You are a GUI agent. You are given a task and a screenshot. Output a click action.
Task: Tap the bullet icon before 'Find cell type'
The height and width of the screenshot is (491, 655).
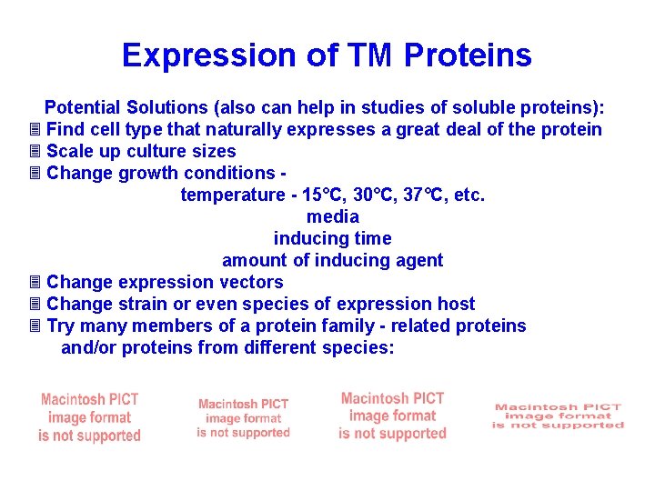(x=35, y=129)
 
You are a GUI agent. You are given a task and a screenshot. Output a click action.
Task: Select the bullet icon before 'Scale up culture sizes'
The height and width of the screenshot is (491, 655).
(x=35, y=151)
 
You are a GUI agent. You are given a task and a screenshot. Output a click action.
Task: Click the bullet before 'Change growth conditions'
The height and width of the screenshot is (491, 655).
(x=35, y=173)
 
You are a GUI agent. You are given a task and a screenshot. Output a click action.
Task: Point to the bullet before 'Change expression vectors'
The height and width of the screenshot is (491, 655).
(x=35, y=282)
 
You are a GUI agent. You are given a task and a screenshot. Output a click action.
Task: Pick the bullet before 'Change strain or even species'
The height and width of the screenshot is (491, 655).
(x=35, y=304)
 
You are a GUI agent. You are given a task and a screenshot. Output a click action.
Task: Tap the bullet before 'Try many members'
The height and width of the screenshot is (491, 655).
(x=35, y=326)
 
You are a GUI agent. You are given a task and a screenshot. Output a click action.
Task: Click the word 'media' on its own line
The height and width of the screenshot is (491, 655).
(x=333, y=216)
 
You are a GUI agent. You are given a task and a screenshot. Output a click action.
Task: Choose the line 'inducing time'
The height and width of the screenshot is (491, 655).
(x=333, y=238)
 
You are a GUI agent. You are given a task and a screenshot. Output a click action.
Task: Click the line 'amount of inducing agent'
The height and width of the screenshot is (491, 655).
(x=333, y=260)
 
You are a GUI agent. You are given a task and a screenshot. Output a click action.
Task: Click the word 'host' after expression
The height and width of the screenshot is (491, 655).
(x=456, y=304)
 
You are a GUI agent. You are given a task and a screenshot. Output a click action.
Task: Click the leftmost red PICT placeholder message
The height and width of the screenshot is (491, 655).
(x=89, y=418)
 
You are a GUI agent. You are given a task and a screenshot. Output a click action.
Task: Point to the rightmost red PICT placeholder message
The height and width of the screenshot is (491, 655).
(x=558, y=416)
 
